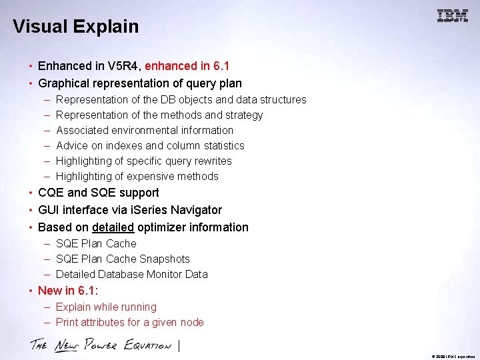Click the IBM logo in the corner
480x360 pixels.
click(x=453, y=16)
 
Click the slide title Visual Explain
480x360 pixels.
click(x=75, y=27)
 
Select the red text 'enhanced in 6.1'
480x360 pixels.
click(x=187, y=66)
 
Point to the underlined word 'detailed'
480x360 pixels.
click(x=113, y=227)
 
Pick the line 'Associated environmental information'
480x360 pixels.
click(x=145, y=130)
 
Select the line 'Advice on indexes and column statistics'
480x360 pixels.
click(x=150, y=145)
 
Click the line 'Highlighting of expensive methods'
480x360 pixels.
click(x=137, y=176)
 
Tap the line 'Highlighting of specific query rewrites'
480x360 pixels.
click(x=144, y=161)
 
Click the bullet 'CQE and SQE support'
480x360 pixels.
click(x=99, y=193)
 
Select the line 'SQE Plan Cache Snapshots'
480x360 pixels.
click(x=123, y=259)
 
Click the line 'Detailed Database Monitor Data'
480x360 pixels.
click(x=132, y=274)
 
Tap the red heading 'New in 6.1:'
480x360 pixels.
click(x=68, y=291)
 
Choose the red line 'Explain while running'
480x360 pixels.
click(x=106, y=307)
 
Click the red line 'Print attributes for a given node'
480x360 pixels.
click(x=130, y=322)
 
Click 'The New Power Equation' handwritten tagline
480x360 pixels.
click(x=101, y=345)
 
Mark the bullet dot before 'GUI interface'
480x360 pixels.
click(x=31, y=210)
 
